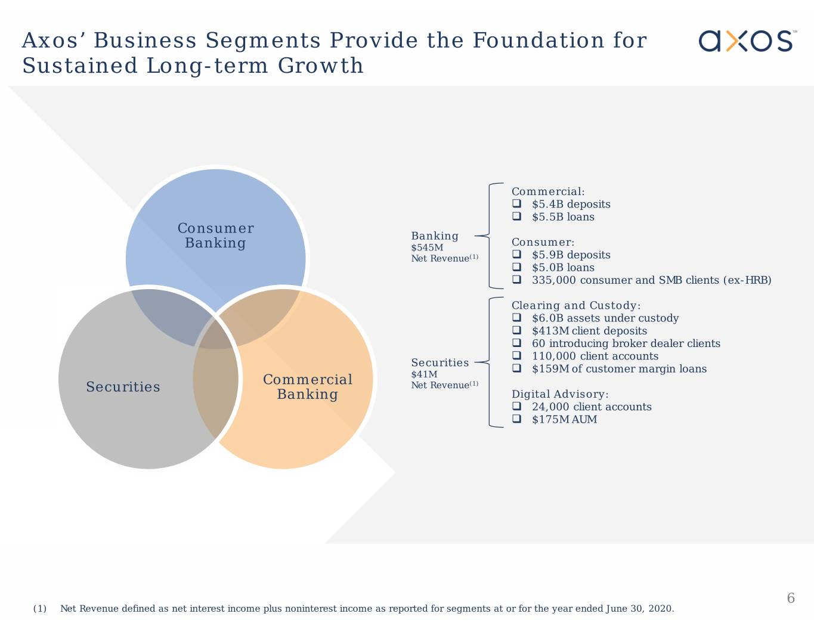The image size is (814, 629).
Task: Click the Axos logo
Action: point(747,41)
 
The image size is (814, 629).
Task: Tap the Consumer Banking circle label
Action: point(215,236)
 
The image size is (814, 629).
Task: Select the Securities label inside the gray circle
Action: point(123,387)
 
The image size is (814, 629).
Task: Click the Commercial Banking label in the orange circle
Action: point(308,387)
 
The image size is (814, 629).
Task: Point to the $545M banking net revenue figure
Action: point(427,247)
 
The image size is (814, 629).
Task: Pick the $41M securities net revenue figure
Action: point(424,374)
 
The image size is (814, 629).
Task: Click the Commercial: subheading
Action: point(548,191)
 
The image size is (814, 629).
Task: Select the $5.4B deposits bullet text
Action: point(571,204)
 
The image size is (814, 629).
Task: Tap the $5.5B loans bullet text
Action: point(563,217)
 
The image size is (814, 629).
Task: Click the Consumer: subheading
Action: point(543,242)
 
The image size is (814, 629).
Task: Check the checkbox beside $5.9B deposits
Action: point(517,255)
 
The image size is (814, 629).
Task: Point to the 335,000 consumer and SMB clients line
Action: point(651,280)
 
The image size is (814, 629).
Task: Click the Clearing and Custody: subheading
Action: point(575,305)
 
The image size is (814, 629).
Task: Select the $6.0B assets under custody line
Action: point(605,318)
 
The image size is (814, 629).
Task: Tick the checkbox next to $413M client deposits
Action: point(517,331)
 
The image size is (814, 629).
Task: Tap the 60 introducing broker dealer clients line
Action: point(626,343)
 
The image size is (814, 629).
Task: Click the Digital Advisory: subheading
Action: point(560,394)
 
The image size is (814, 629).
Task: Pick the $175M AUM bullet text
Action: point(564,420)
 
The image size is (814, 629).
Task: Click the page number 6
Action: point(791,598)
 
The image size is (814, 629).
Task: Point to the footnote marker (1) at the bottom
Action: point(40,609)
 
